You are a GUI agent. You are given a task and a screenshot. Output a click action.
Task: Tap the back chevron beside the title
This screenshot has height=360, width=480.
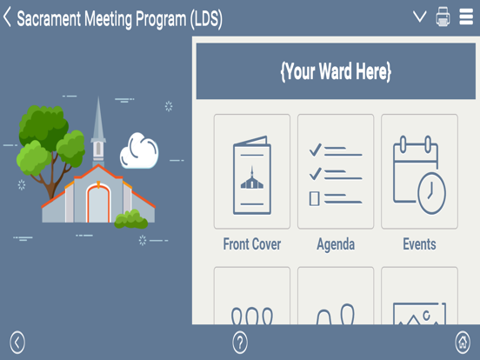8,17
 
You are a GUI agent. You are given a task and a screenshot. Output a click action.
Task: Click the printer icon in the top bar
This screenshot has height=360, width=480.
443,17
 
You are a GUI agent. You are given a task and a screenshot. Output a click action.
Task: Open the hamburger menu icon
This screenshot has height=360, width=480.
466,17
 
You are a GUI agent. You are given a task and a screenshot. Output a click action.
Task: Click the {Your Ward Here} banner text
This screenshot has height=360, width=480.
336,72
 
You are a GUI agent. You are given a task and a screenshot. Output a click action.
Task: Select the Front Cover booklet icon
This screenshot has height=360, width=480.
251,171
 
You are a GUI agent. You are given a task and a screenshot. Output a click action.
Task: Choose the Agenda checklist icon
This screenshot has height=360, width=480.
336,171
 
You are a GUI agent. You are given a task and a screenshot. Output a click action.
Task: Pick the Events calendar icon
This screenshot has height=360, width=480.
419,171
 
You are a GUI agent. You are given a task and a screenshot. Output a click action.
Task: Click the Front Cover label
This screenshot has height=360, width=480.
251,244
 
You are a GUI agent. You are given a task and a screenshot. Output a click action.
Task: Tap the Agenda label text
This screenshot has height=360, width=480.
336,244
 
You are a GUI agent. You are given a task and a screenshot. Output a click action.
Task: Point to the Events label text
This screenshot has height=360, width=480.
419,244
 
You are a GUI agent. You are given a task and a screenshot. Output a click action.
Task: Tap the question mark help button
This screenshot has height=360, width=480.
240,343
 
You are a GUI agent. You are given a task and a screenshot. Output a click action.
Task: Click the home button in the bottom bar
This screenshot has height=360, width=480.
463,343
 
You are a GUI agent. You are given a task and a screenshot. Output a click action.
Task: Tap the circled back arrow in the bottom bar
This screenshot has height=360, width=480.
17,343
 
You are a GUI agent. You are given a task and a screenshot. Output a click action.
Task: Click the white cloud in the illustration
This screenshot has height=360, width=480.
138,151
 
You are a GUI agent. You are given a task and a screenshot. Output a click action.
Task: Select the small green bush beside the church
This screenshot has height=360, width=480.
132,219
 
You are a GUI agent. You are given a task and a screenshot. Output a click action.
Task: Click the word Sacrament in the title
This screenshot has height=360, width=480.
56,19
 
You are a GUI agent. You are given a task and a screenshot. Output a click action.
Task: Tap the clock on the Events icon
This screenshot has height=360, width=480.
430,191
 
